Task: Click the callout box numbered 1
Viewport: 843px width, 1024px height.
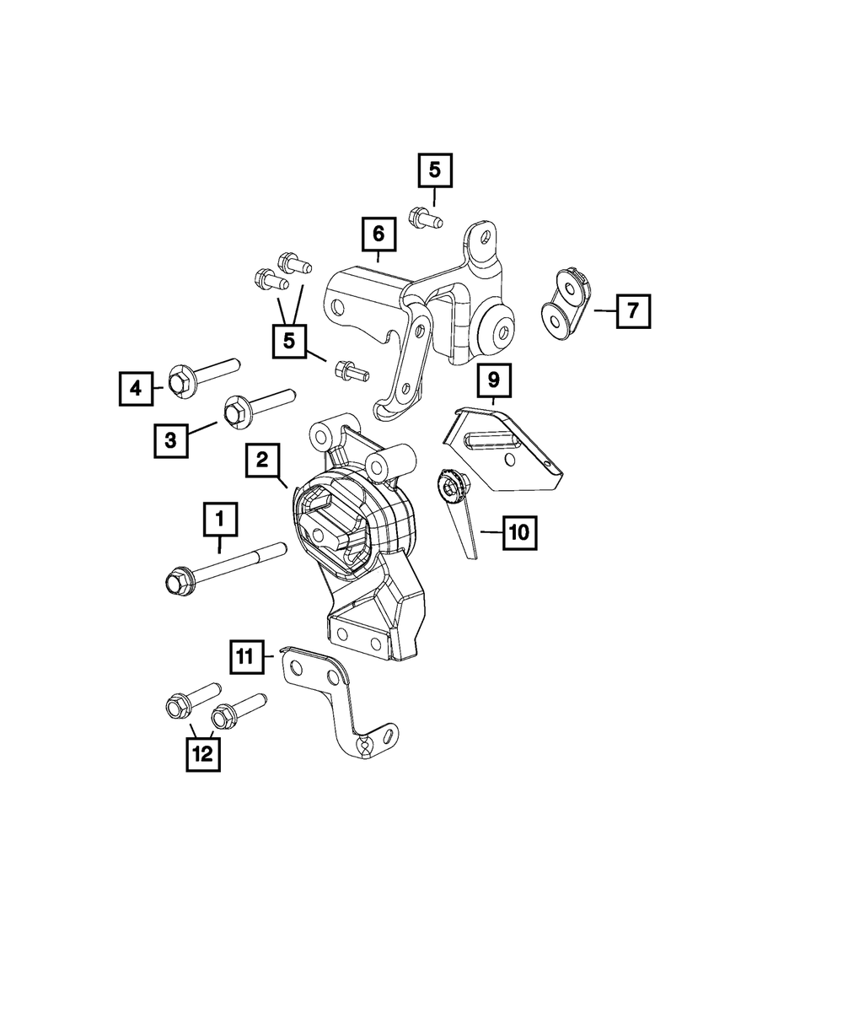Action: (220, 520)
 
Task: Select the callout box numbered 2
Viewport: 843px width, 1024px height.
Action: (262, 460)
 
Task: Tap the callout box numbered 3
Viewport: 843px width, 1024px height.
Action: (170, 439)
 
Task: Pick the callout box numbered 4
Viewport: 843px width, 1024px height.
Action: (135, 388)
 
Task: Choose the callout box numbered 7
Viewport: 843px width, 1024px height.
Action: (633, 310)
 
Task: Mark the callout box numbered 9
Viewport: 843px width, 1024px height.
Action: (493, 380)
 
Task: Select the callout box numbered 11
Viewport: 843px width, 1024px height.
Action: (244, 656)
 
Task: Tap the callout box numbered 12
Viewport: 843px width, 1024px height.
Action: (202, 753)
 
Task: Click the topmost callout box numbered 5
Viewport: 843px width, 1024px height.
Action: (434, 171)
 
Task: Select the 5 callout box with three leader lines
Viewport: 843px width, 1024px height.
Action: (289, 341)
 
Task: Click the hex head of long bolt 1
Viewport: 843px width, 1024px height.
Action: (175, 581)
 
